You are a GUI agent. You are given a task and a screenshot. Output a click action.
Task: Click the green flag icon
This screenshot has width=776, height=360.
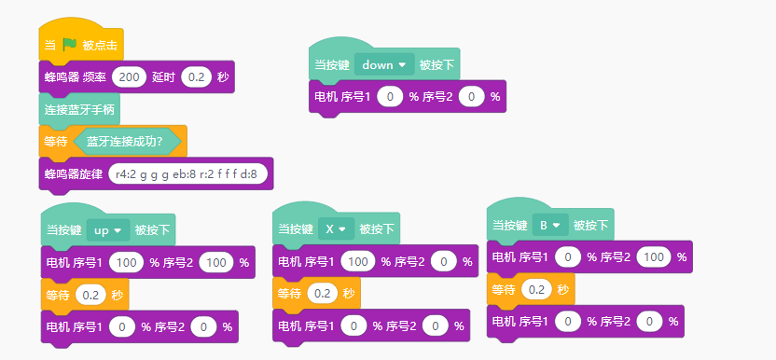tap(70, 46)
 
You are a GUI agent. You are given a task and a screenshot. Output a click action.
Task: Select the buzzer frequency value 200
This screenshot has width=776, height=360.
tap(129, 77)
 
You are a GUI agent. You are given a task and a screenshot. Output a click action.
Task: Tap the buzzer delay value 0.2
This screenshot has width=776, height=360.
tap(197, 77)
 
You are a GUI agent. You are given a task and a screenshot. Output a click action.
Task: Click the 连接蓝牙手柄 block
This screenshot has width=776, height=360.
tap(79, 109)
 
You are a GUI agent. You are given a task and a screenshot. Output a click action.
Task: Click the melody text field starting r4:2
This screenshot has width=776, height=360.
tap(188, 173)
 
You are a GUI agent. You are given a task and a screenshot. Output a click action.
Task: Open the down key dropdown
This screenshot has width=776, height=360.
tap(384, 65)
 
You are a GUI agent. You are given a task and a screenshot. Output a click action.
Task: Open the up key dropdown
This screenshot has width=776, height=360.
tap(108, 230)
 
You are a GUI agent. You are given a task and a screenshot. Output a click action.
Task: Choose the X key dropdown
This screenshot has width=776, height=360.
tap(336, 228)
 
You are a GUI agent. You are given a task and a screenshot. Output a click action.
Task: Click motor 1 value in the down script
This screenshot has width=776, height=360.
tap(390, 97)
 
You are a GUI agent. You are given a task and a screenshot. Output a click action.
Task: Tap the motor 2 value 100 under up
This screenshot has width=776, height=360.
tap(216, 262)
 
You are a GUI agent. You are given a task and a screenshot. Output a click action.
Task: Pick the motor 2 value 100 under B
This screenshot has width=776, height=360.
tap(654, 257)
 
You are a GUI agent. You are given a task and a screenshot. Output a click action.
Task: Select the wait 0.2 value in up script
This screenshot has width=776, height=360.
tap(90, 296)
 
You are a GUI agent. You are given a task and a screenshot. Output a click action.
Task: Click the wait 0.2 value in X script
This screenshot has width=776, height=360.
tap(322, 294)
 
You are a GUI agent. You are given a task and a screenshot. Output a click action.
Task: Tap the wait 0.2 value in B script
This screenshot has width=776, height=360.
tap(537, 290)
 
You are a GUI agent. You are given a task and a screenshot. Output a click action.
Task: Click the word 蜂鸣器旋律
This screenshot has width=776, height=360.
tap(74, 174)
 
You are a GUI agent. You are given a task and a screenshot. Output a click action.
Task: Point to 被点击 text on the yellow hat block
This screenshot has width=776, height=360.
tap(100, 46)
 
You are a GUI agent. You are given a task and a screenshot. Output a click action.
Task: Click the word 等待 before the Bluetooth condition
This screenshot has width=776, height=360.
tap(55, 142)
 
